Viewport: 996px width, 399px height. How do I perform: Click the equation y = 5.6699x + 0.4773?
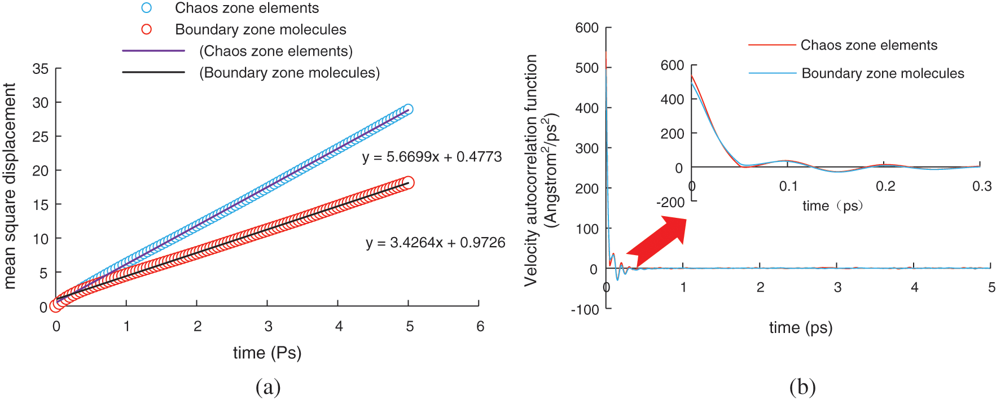432,157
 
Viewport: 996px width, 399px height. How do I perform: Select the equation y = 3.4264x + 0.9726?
435,243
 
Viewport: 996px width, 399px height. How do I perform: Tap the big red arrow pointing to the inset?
657,242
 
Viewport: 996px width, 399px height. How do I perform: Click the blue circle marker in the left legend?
147,8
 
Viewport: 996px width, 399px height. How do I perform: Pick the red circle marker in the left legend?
147,29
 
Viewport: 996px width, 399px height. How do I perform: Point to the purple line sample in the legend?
153,51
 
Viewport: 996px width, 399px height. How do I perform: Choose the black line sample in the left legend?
153,72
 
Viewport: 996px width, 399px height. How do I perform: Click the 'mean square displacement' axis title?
10,186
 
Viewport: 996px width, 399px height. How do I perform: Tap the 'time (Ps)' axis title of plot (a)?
267,353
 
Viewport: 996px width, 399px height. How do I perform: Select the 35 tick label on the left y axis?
41,69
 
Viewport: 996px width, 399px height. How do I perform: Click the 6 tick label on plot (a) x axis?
480,326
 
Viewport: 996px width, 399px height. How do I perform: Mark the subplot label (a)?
268,387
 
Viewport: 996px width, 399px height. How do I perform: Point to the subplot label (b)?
802,387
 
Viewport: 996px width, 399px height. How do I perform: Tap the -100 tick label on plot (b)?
585,310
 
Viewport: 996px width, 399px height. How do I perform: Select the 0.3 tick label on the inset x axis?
982,186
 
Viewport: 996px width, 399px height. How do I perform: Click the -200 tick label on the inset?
670,202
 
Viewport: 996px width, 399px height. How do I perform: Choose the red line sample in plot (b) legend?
771,45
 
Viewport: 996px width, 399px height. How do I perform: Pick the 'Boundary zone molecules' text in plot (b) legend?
883,73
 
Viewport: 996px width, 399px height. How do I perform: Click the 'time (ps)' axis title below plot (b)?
801,327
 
